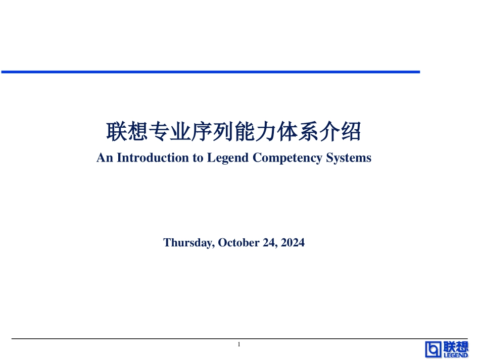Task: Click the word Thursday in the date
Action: point(189,243)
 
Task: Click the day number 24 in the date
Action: point(269,243)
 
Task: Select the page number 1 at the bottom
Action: point(239,344)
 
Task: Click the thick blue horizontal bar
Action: point(210,72)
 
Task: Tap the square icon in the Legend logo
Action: point(433,349)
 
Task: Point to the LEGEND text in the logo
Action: point(456,355)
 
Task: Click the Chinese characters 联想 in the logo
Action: point(456,346)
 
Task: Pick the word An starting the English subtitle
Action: point(104,158)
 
